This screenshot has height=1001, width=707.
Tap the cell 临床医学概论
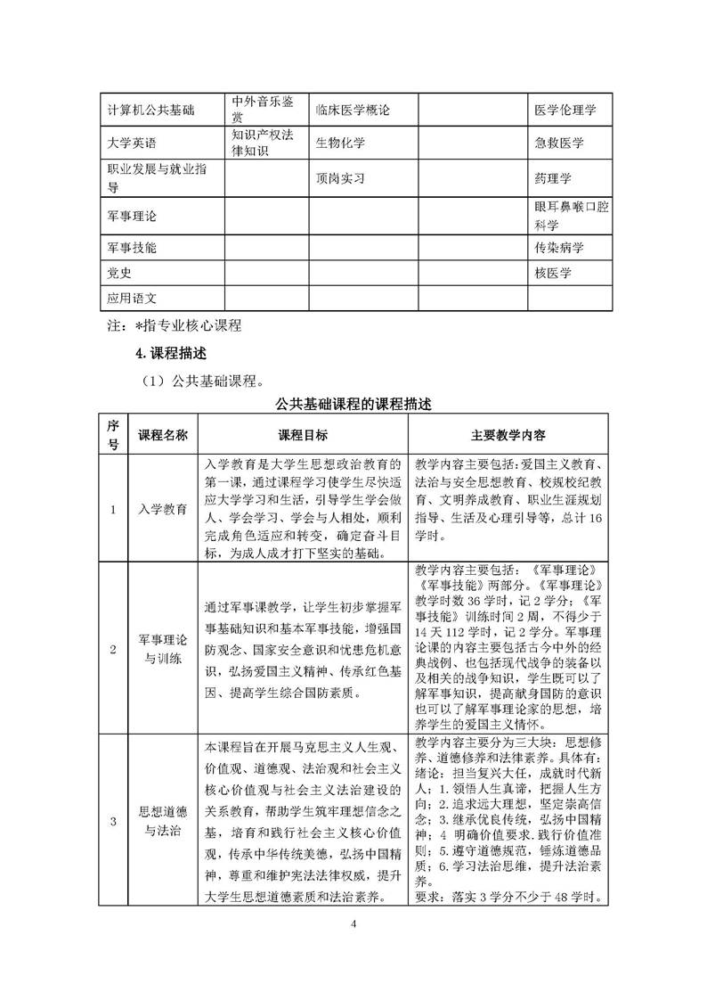coord(353,110)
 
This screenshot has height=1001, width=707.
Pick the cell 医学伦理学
coord(565,110)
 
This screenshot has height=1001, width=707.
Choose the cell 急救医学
coord(559,143)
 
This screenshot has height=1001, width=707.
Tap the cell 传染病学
coord(559,246)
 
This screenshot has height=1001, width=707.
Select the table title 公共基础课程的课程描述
coord(353,406)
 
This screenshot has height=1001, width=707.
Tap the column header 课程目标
coord(304,435)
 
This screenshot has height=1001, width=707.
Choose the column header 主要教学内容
coord(508,435)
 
